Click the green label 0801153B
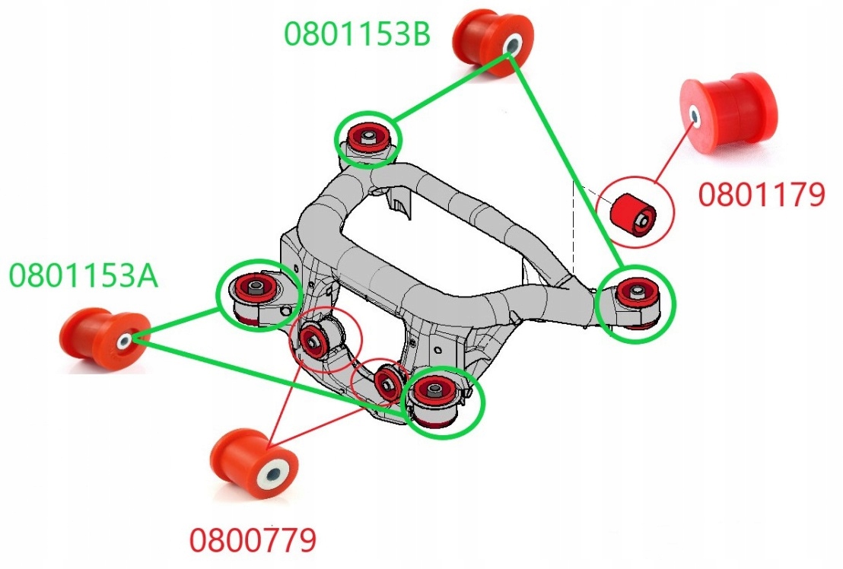coord(358,32)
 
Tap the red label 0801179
coord(762,195)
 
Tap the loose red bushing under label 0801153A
coord(104,339)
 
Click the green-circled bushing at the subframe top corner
coord(369,139)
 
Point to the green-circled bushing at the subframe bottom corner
coord(435,399)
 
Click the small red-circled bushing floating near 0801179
coord(635,212)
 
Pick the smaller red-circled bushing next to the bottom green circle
coord(387,380)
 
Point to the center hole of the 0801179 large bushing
coord(695,116)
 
